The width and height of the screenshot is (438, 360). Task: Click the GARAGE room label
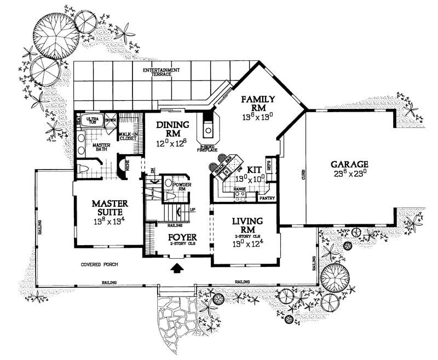(x=349, y=164)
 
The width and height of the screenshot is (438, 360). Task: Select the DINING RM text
(x=172, y=129)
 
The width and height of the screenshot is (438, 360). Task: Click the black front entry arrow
(x=177, y=268)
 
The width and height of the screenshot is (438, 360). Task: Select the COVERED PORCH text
(x=100, y=264)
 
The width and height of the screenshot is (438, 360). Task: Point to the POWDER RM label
(x=181, y=187)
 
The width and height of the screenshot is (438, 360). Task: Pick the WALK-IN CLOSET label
(x=129, y=136)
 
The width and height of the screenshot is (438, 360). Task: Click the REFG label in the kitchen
(x=269, y=162)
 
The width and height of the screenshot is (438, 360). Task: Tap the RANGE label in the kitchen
(x=239, y=188)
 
